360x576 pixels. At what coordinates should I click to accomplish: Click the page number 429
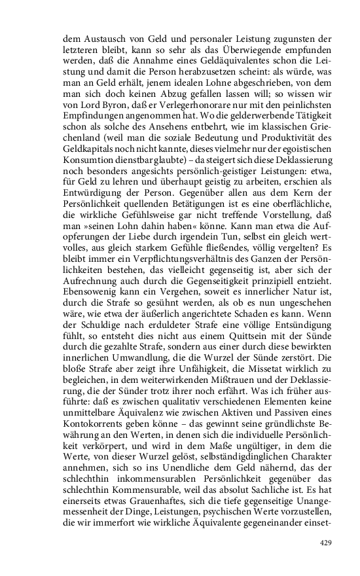(x=325, y=543)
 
